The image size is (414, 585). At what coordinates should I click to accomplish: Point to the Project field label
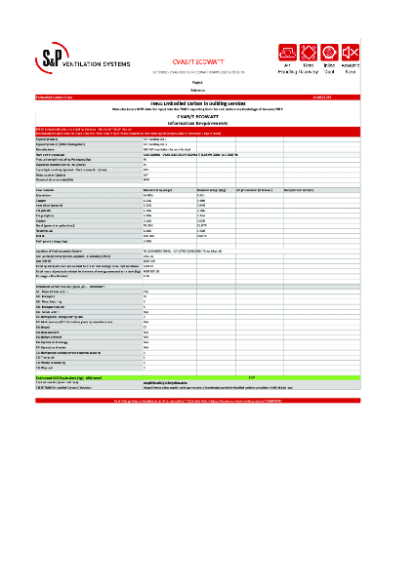(x=206, y=83)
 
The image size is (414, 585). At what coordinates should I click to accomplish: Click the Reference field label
(x=206, y=91)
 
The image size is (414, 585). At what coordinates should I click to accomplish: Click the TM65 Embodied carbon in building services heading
(x=206, y=104)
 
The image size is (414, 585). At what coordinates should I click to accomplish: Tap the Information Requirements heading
(x=206, y=122)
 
